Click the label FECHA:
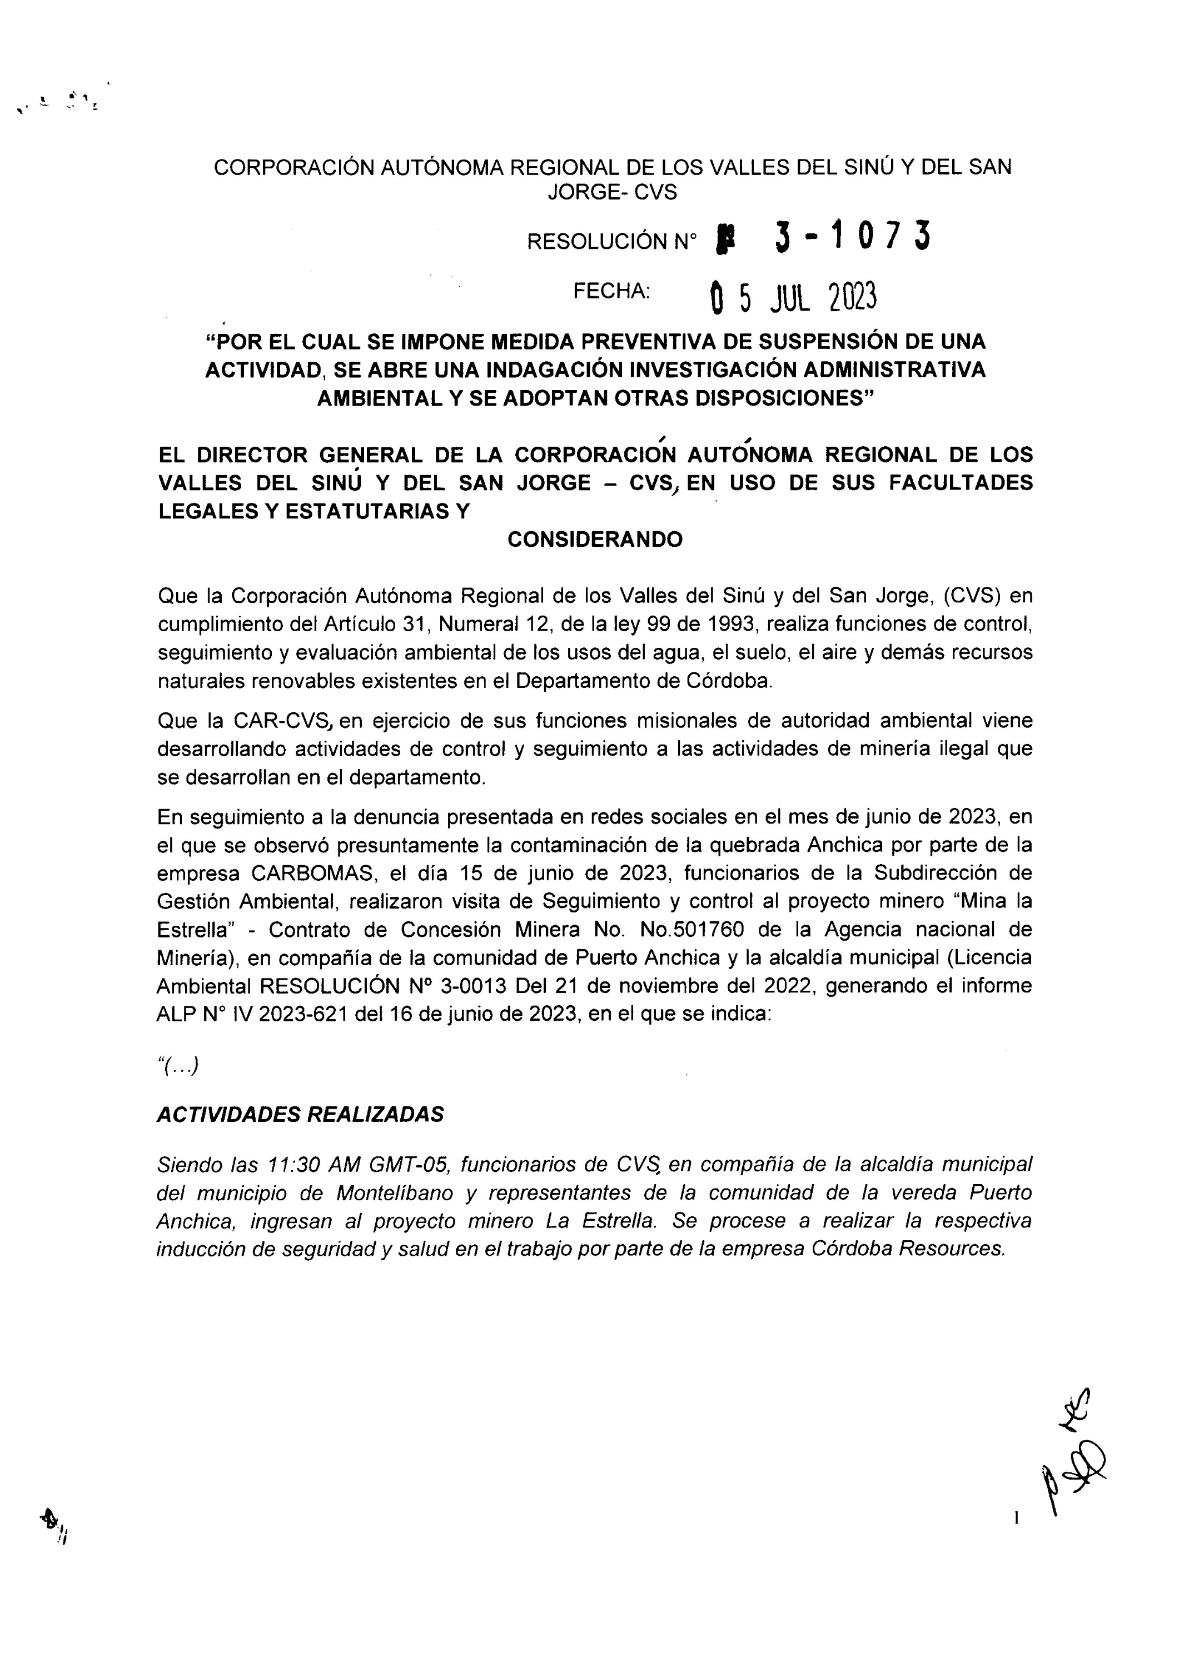pos(611,291)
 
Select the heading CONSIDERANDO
pos(595,540)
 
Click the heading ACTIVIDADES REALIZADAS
pos(300,1115)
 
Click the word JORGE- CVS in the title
pos(611,192)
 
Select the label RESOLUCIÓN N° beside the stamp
pos(611,242)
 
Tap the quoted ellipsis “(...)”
pos(178,1066)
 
